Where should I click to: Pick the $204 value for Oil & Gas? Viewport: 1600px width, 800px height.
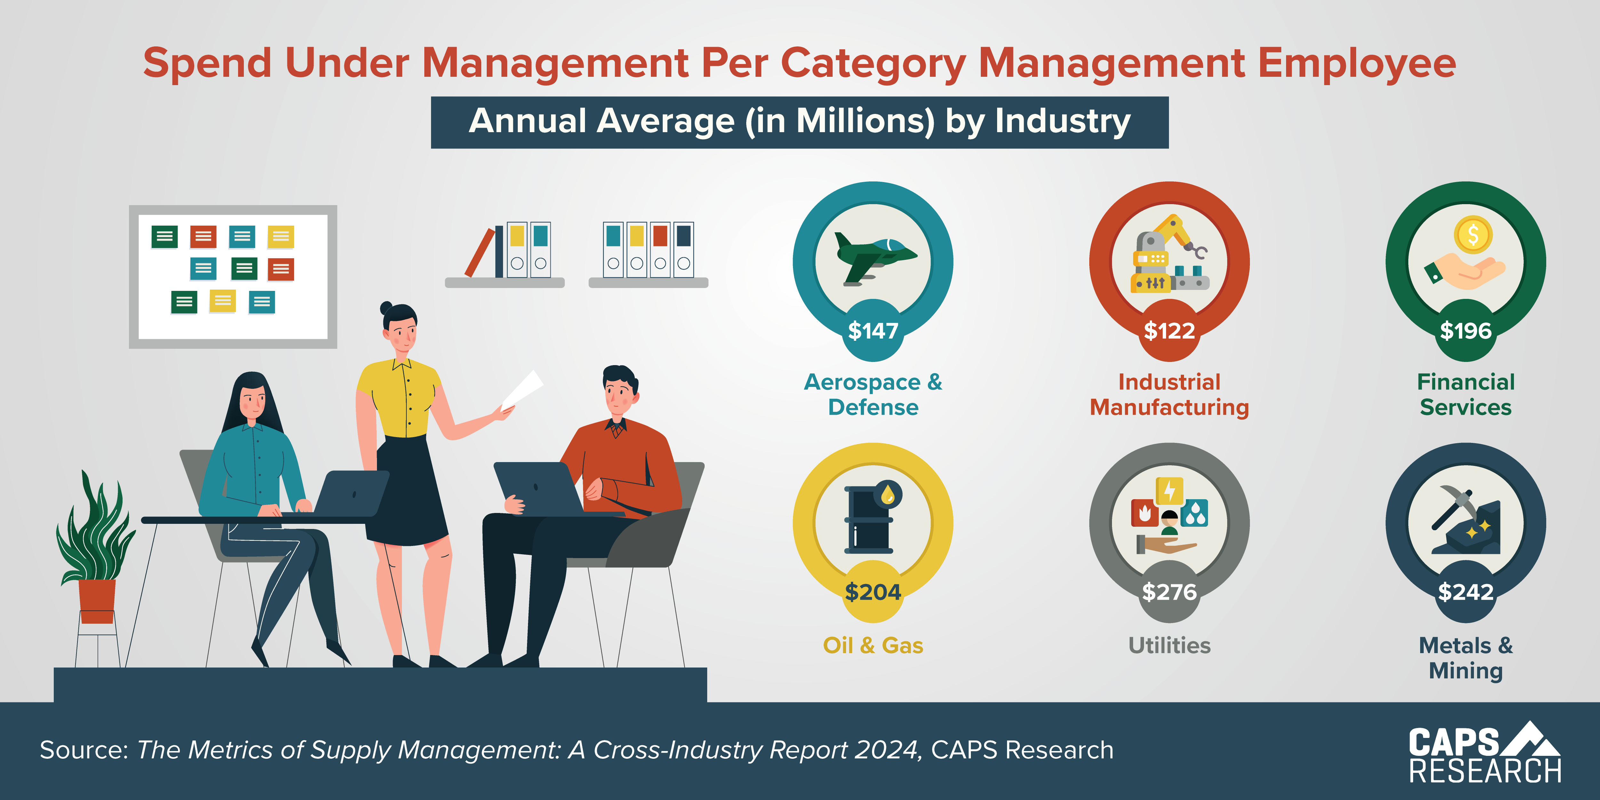(x=873, y=592)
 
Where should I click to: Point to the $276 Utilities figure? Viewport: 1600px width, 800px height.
(x=1169, y=592)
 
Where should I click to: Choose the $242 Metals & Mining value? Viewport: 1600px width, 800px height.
(x=1465, y=592)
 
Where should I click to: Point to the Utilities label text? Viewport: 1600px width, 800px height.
(x=1169, y=645)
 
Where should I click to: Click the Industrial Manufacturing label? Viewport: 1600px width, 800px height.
(x=1169, y=395)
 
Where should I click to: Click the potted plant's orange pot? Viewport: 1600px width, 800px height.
(x=97, y=599)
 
